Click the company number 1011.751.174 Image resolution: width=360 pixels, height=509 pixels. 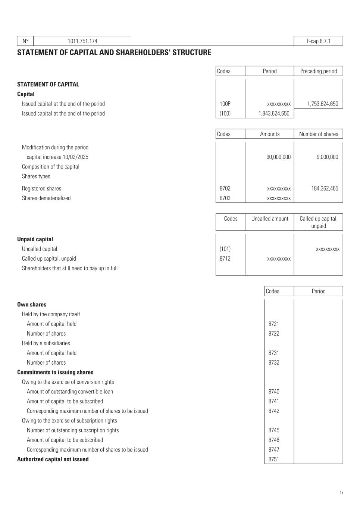coord(82,41)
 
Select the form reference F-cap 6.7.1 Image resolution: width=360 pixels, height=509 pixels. coord(318,41)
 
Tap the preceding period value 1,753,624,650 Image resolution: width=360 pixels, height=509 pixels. coord(323,104)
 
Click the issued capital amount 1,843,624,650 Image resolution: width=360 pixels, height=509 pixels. coord(274,114)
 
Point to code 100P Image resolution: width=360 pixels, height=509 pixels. coord(225,104)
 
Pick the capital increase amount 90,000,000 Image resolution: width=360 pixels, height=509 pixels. coord(278,157)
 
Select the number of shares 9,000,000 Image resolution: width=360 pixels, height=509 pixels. coord(327,157)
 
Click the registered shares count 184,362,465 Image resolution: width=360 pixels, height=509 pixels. coord(325,189)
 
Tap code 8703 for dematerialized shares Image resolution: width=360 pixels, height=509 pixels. coord(225,198)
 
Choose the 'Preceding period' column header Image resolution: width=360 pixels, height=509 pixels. coord(318,71)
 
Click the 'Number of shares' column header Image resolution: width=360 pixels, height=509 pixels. coord(318,134)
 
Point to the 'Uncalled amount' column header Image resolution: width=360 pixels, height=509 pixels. coord(270,219)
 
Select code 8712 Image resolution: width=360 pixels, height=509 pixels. coord(225,259)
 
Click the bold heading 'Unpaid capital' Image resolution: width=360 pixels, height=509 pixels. coord(35,239)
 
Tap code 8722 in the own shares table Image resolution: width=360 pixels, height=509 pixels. coord(274,334)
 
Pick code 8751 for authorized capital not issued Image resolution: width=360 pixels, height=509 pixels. coord(274,459)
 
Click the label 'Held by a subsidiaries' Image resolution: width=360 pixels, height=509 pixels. coord(46,343)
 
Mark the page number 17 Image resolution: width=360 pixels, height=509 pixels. coord(341,493)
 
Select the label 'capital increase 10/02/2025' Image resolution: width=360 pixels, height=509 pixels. coord(57,157)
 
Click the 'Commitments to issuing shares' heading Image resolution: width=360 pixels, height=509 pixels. coord(55,373)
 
